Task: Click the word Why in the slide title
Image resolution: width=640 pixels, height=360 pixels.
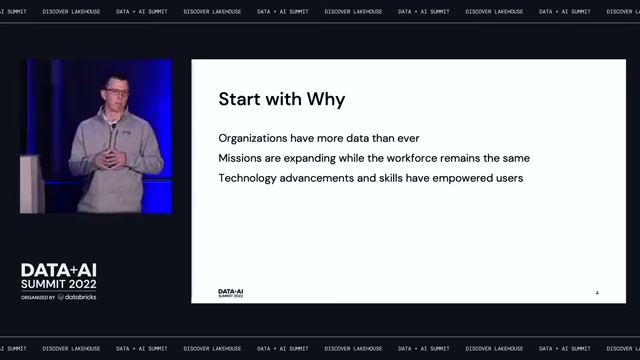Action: pos(326,100)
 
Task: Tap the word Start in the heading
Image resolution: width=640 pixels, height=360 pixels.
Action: pos(239,99)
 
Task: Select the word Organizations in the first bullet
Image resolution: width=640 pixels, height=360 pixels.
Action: pos(253,138)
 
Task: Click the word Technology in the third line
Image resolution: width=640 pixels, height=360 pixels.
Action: pos(247,178)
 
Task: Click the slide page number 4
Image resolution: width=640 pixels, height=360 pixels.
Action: pos(597,293)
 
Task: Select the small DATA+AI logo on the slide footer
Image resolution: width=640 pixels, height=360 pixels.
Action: pos(231,293)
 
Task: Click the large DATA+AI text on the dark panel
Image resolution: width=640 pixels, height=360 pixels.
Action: pos(59,270)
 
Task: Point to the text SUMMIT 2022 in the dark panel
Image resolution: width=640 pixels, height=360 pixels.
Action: pos(59,284)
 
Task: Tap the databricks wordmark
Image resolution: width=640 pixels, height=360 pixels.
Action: pos(77,297)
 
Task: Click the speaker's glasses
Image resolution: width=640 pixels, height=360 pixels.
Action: pos(117,92)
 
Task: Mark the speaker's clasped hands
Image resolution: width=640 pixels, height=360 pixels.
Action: pos(111,159)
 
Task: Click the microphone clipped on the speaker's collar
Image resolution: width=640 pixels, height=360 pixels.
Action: pos(113,126)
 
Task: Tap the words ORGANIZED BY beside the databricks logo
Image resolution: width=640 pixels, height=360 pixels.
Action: pos(38,298)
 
